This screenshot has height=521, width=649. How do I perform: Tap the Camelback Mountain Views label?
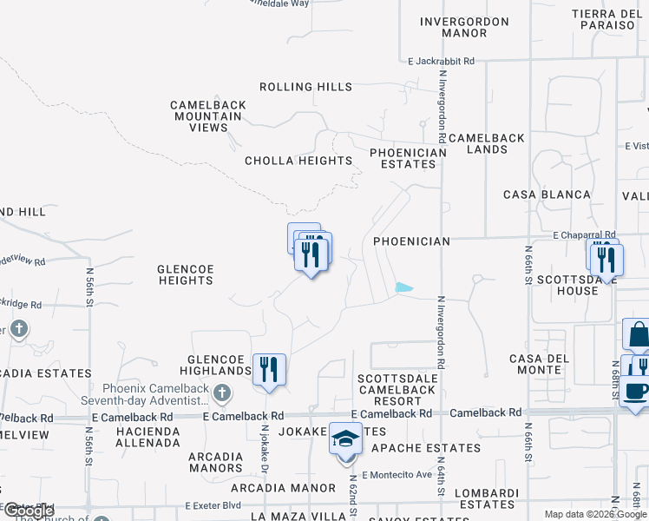[x=208, y=116]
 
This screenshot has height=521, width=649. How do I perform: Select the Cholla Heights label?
[x=298, y=161]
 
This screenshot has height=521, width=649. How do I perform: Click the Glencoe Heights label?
[x=185, y=274]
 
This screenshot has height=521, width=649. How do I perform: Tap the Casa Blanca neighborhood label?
[x=547, y=195]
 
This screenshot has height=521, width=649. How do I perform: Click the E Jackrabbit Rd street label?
[x=442, y=62]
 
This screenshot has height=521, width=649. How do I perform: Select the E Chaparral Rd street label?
[x=585, y=234]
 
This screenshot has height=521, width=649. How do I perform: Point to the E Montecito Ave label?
[x=397, y=474]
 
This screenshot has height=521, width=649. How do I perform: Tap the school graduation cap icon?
[x=344, y=439]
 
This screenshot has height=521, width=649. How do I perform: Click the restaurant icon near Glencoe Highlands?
[x=269, y=369]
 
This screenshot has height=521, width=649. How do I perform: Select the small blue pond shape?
[x=404, y=287]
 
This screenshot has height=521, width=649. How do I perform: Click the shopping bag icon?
[x=637, y=335]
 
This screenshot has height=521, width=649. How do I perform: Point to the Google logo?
[x=29, y=511]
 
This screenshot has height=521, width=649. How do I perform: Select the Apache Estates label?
[x=425, y=448]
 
